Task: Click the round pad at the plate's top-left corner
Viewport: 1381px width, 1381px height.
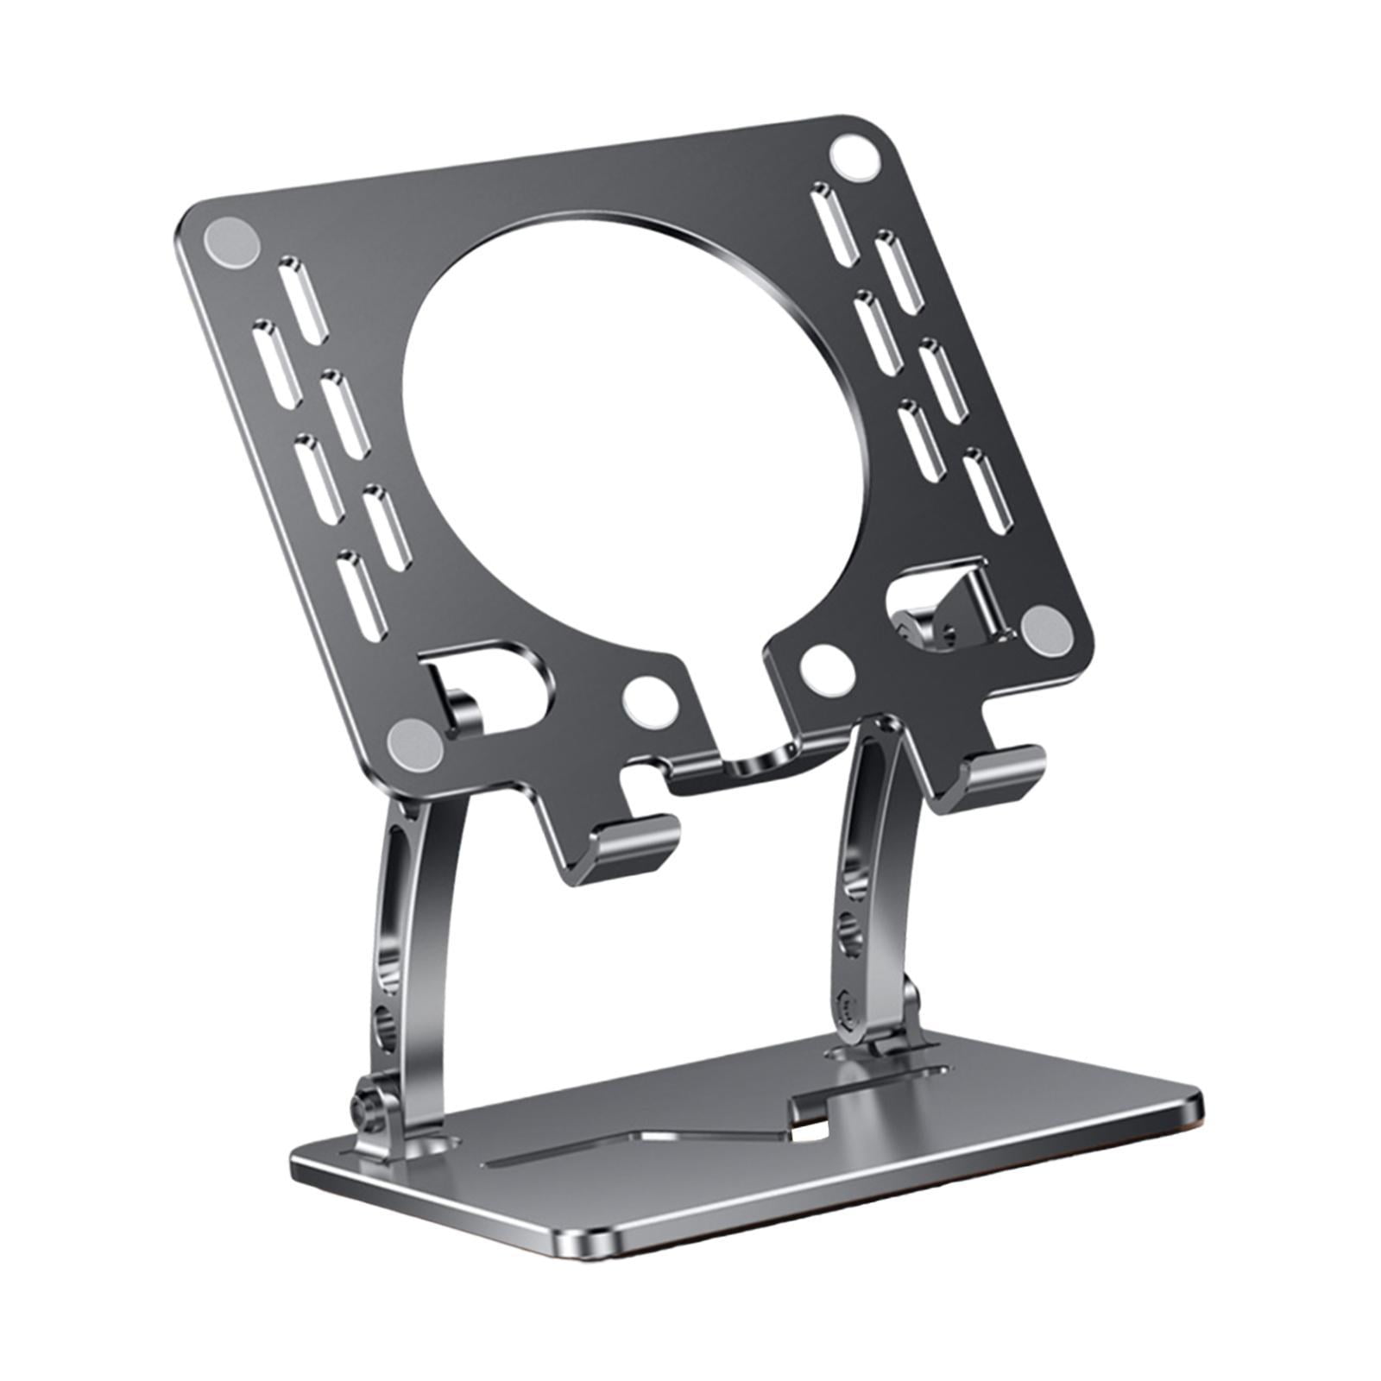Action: [x=230, y=239]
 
